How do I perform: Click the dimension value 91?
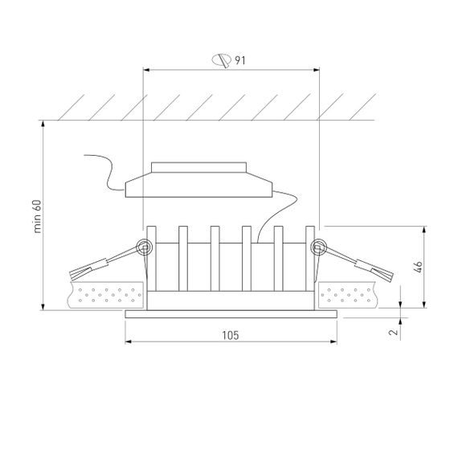click(x=239, y=60)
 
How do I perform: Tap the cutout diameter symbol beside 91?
click(x=219, y=60)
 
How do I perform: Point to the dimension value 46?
click(x=416, y=267)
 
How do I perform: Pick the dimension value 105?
click(x=231, y=332)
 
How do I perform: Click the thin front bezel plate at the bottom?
click(x=231, y=314)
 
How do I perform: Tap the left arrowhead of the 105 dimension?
click(x=129, y=341)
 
